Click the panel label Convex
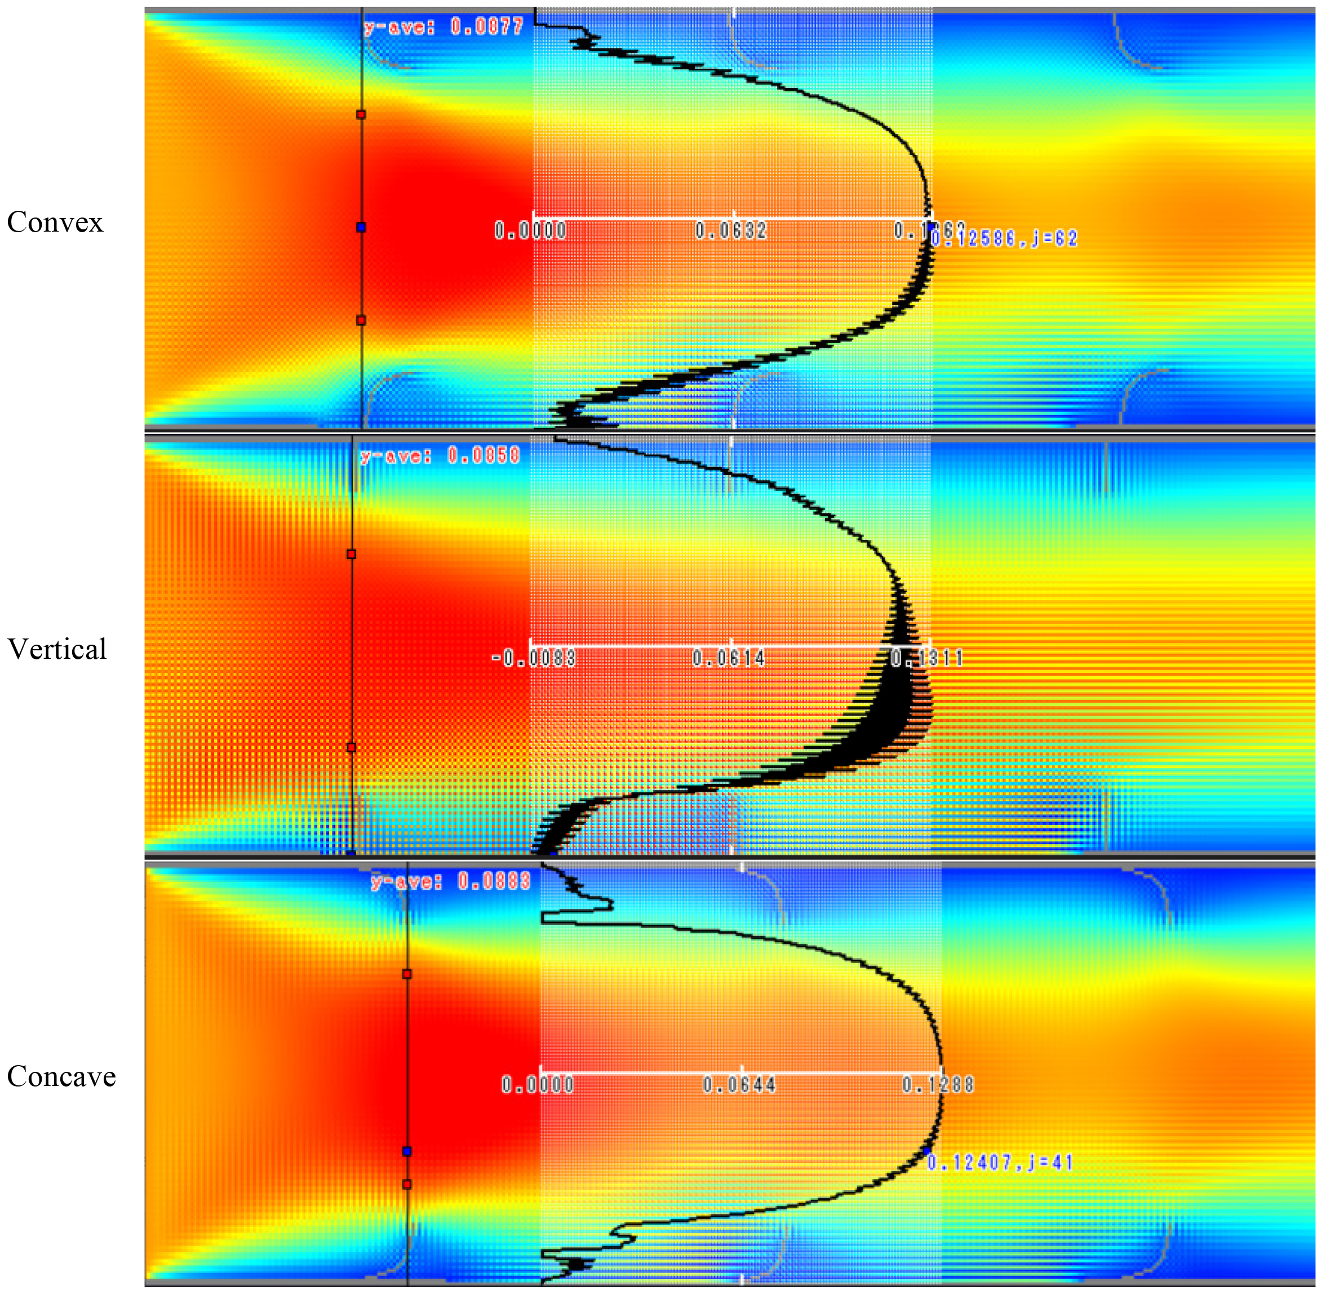(55, 223)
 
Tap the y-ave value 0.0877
(487, 26)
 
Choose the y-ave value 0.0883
(494, 881)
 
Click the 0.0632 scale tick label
(731, 231)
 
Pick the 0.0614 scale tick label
(728, 658)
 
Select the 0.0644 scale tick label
(739, 1085)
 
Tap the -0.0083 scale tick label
(534, 658)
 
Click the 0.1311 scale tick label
(928, 658)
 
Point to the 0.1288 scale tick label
(938, 1085)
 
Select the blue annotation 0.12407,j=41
(1000, 1163)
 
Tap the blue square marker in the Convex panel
(361, 227)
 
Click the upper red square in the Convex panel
(361, 115)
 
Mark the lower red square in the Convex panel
(361, 320)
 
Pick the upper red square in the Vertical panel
(352, 555)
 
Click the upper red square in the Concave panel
(407, 974)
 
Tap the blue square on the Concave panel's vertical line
(407, 1151)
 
